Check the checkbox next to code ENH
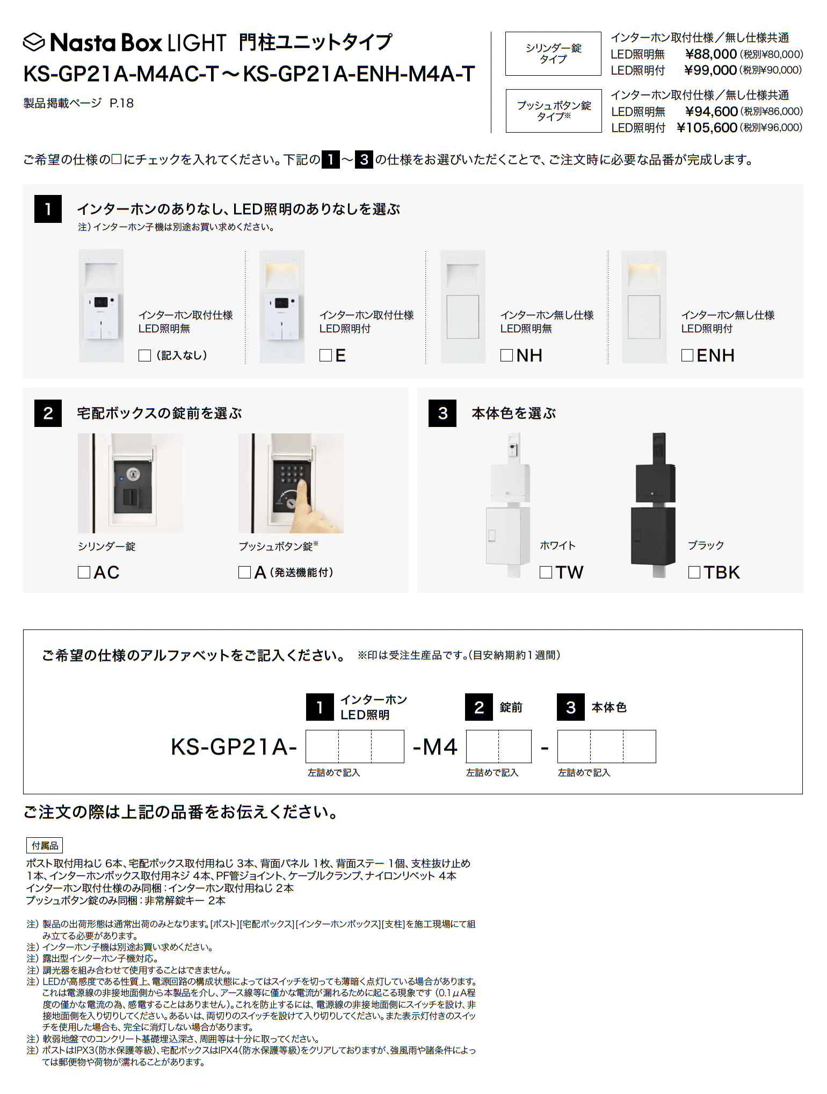[687, 356]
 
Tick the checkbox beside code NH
[506, 356]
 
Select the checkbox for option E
[325, 356]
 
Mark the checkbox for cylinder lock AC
[84, 573]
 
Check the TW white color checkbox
[546, 573]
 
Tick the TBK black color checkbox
[694, 573]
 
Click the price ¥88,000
[711, 54]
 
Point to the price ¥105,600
[707, 128]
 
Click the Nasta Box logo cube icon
[34, 42]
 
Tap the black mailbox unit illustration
[653, 505]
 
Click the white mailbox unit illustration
[509, 505]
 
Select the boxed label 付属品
[45, 846]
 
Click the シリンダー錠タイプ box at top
[553, 54]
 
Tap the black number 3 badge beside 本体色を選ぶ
[442, 413]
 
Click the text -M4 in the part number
[435, 747]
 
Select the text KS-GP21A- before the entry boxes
[234, 747]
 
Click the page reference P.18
[122, 103]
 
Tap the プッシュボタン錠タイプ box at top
[554, 111]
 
